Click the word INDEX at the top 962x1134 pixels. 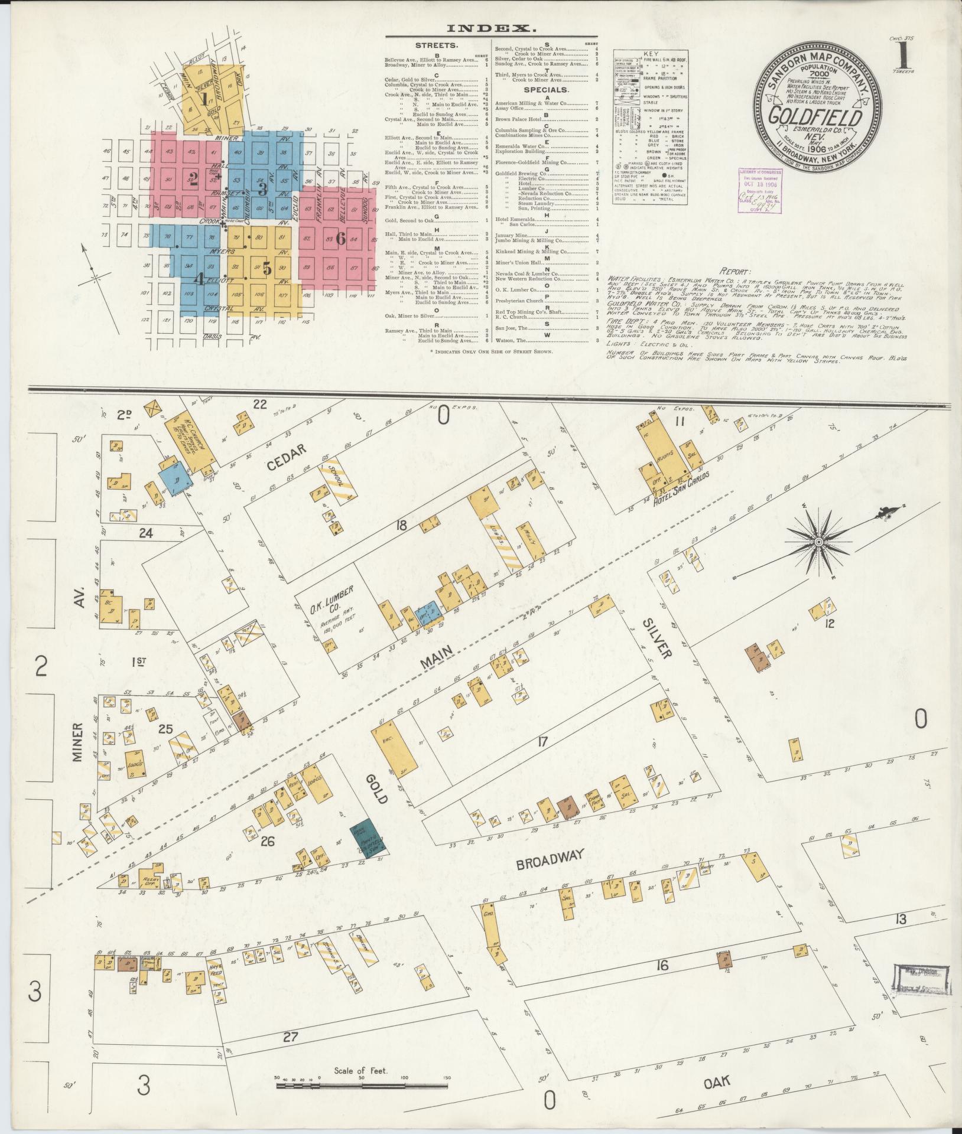point(491,28)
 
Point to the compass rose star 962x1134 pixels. point(819,542)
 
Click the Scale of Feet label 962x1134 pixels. point(360,1070)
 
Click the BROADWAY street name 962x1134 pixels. point(550,859)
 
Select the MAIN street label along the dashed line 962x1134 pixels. point(437,658)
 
